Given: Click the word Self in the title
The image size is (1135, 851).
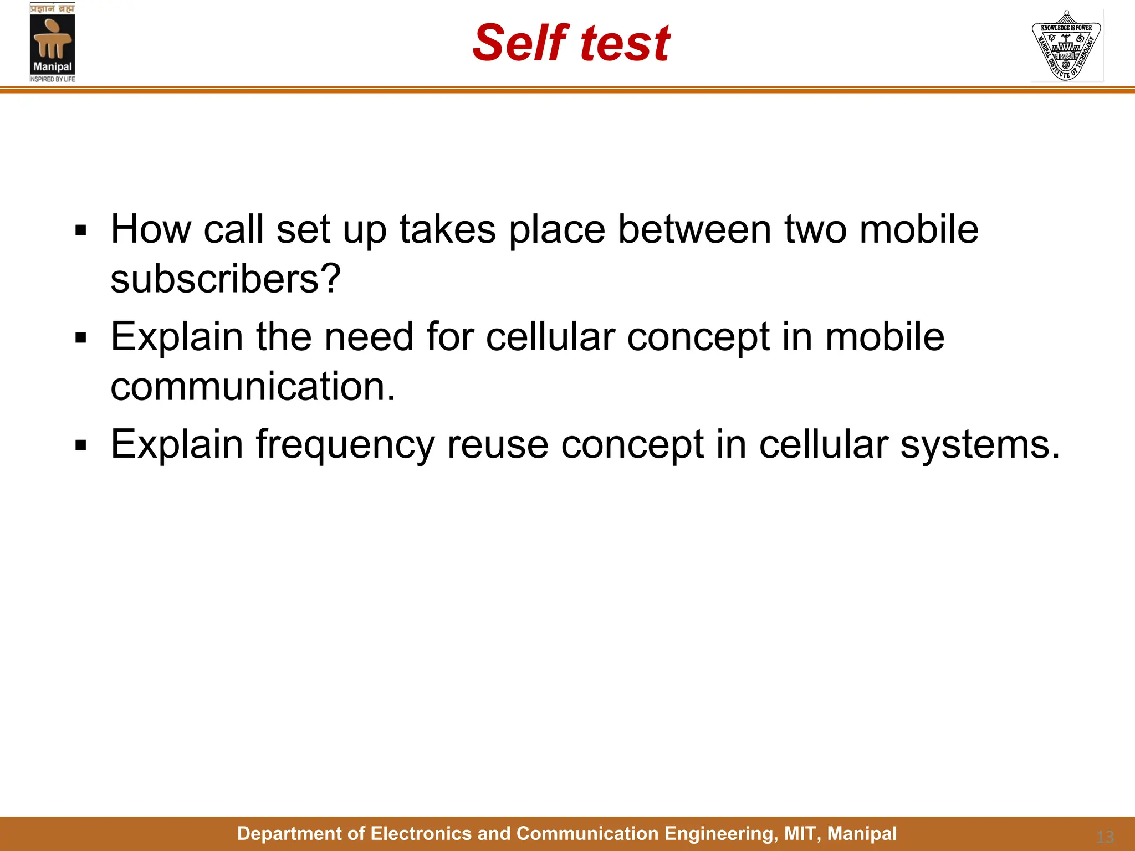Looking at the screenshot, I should tap(520, 43).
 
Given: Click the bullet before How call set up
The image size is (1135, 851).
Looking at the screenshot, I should tap(81, 230).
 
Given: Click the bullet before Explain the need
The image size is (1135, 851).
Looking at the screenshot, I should tap(81, 338).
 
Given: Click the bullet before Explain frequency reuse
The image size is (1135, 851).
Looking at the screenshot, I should tap(81, 445).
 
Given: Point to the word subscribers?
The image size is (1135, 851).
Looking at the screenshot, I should tap(226, 279).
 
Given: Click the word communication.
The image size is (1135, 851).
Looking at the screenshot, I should tap(253, 387).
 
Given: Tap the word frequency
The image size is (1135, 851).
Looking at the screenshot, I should tap(345, 446).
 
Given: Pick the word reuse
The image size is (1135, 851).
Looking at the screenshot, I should tap(497, 445).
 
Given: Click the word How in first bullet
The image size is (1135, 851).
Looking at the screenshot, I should tap(151, 230).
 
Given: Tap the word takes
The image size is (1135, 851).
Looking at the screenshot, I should tap(447, 230).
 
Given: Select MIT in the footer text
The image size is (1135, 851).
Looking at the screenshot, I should tap(801, 834).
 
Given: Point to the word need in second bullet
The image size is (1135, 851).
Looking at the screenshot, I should tap(369, 337).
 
